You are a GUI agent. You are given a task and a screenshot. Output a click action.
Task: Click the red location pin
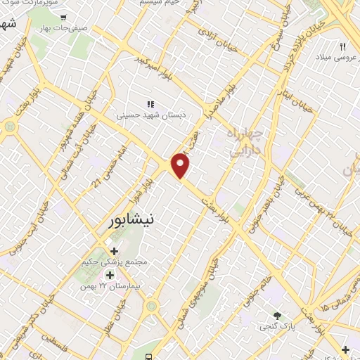181,165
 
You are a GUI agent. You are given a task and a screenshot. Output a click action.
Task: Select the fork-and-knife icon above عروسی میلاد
343,46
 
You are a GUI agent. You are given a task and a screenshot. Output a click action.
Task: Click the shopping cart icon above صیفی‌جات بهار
64,18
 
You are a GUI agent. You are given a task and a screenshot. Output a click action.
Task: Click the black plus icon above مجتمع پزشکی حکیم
115,250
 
